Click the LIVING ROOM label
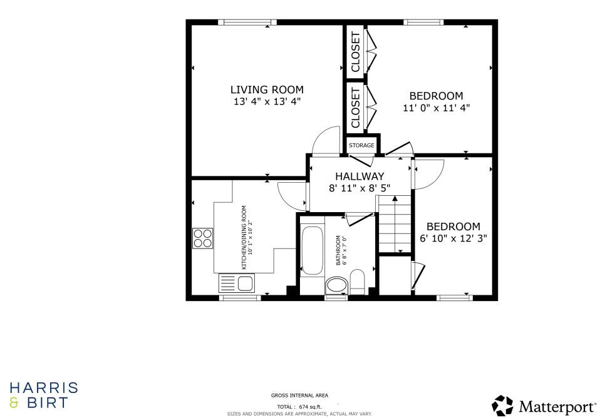(267, 89)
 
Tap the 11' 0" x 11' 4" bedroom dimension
(436, 108)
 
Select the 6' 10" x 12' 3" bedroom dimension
(453, 238)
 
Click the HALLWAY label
(359, 176)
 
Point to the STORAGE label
(361, 145)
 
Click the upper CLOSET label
(356, 51)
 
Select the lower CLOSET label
(356, 108)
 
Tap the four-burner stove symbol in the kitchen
(202, 238)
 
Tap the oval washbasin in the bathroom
(337, 285)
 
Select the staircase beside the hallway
(394, 223)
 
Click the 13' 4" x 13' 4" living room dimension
(267, 101)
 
